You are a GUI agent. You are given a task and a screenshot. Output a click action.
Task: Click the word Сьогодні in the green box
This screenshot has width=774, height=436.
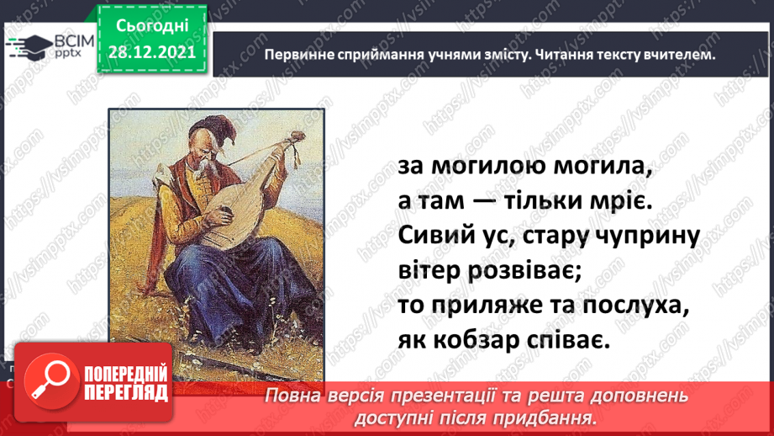pos(152,26)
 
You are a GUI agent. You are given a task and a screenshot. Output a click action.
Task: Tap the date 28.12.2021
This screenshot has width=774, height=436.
pos(152,52)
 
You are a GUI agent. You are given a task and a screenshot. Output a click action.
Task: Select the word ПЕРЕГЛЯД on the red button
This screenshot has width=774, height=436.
pos(126,393)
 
